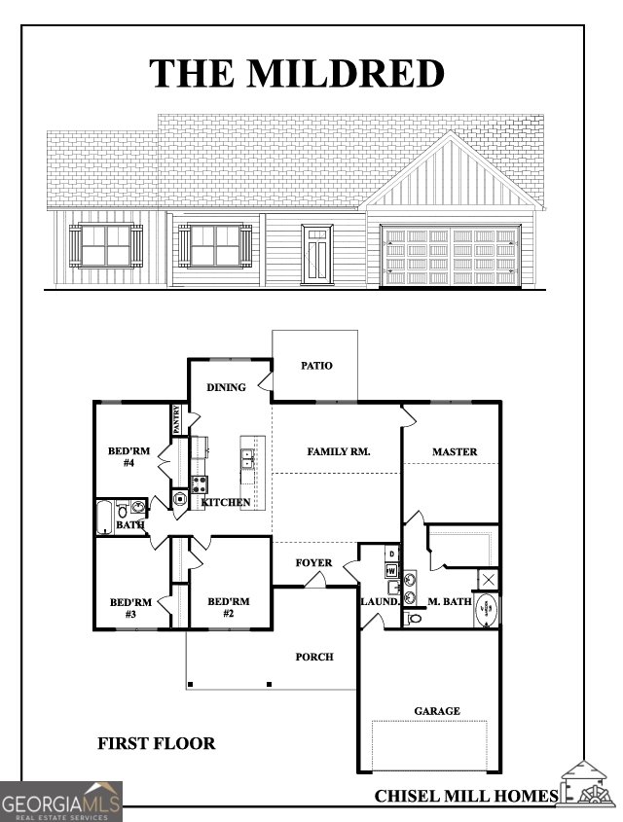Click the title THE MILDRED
(297, 73)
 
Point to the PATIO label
(316, 366)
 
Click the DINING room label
(226, 388)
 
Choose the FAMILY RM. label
(339, 451)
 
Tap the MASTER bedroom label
(455, 451)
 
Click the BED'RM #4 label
(128, 457)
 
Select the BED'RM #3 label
(130, 608)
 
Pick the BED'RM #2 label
(229, 608)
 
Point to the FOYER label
(314, 563)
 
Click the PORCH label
(314, 657)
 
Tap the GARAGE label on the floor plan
(437, 711)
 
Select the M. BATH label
(450, 602)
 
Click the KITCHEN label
(226, 502)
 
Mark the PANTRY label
(177, 420)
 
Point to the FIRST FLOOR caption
(156, 744)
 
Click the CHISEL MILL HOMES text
(466, 796)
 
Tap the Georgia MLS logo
(60, 803)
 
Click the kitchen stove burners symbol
(199, 483)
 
